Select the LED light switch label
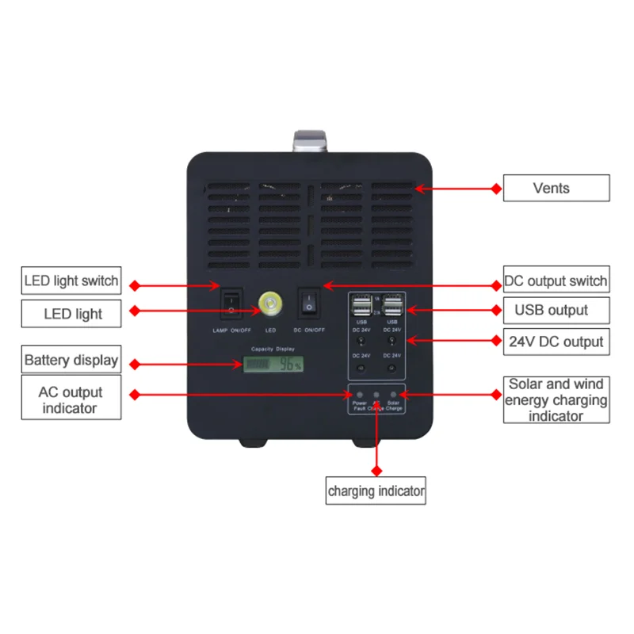(71, 281)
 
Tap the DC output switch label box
(556, 281)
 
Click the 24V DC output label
(556, 342)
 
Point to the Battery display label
(71, 360)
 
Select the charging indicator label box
(376, 491)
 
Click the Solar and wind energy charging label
(556, 399)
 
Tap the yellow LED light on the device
(270, 304)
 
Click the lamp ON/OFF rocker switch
(231, 304)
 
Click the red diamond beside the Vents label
(497, 189)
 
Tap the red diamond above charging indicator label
(376, 467)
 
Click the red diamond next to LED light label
(134, 310)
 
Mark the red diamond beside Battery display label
(134, 365)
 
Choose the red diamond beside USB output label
(497, 311)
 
